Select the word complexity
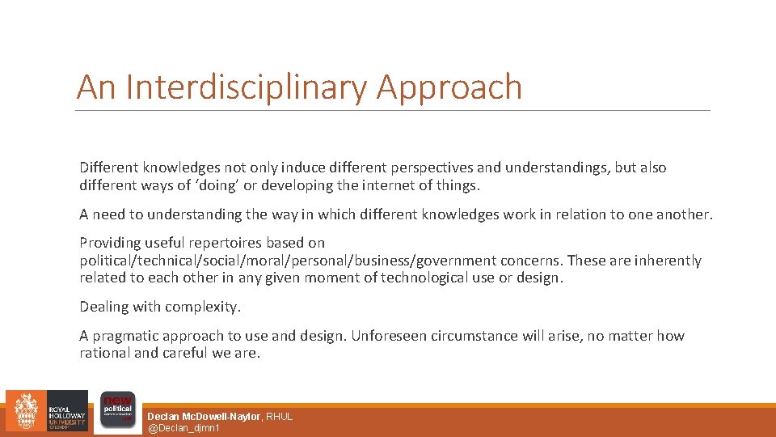click(x=205, y=307)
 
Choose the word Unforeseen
click(x=387, y=336)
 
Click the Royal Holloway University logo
click(x=46, y=412)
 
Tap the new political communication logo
click(x=117, y=411)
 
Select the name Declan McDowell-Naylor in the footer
click(x=204, y=416)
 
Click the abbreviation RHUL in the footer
click(x=280, y=416)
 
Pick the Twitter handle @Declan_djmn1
click(x=183, y=427)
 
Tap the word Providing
click(x=109, y=243)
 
